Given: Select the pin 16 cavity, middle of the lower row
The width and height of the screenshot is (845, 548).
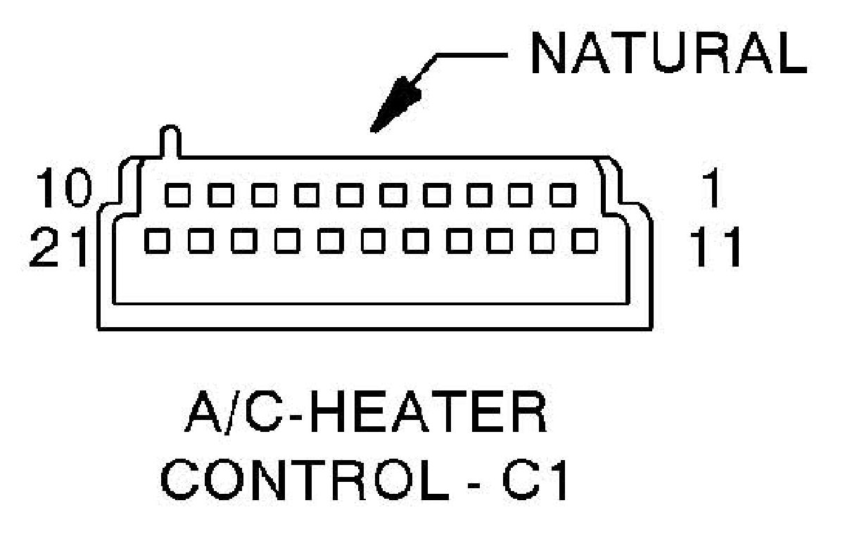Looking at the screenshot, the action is [x=371, y=241].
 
